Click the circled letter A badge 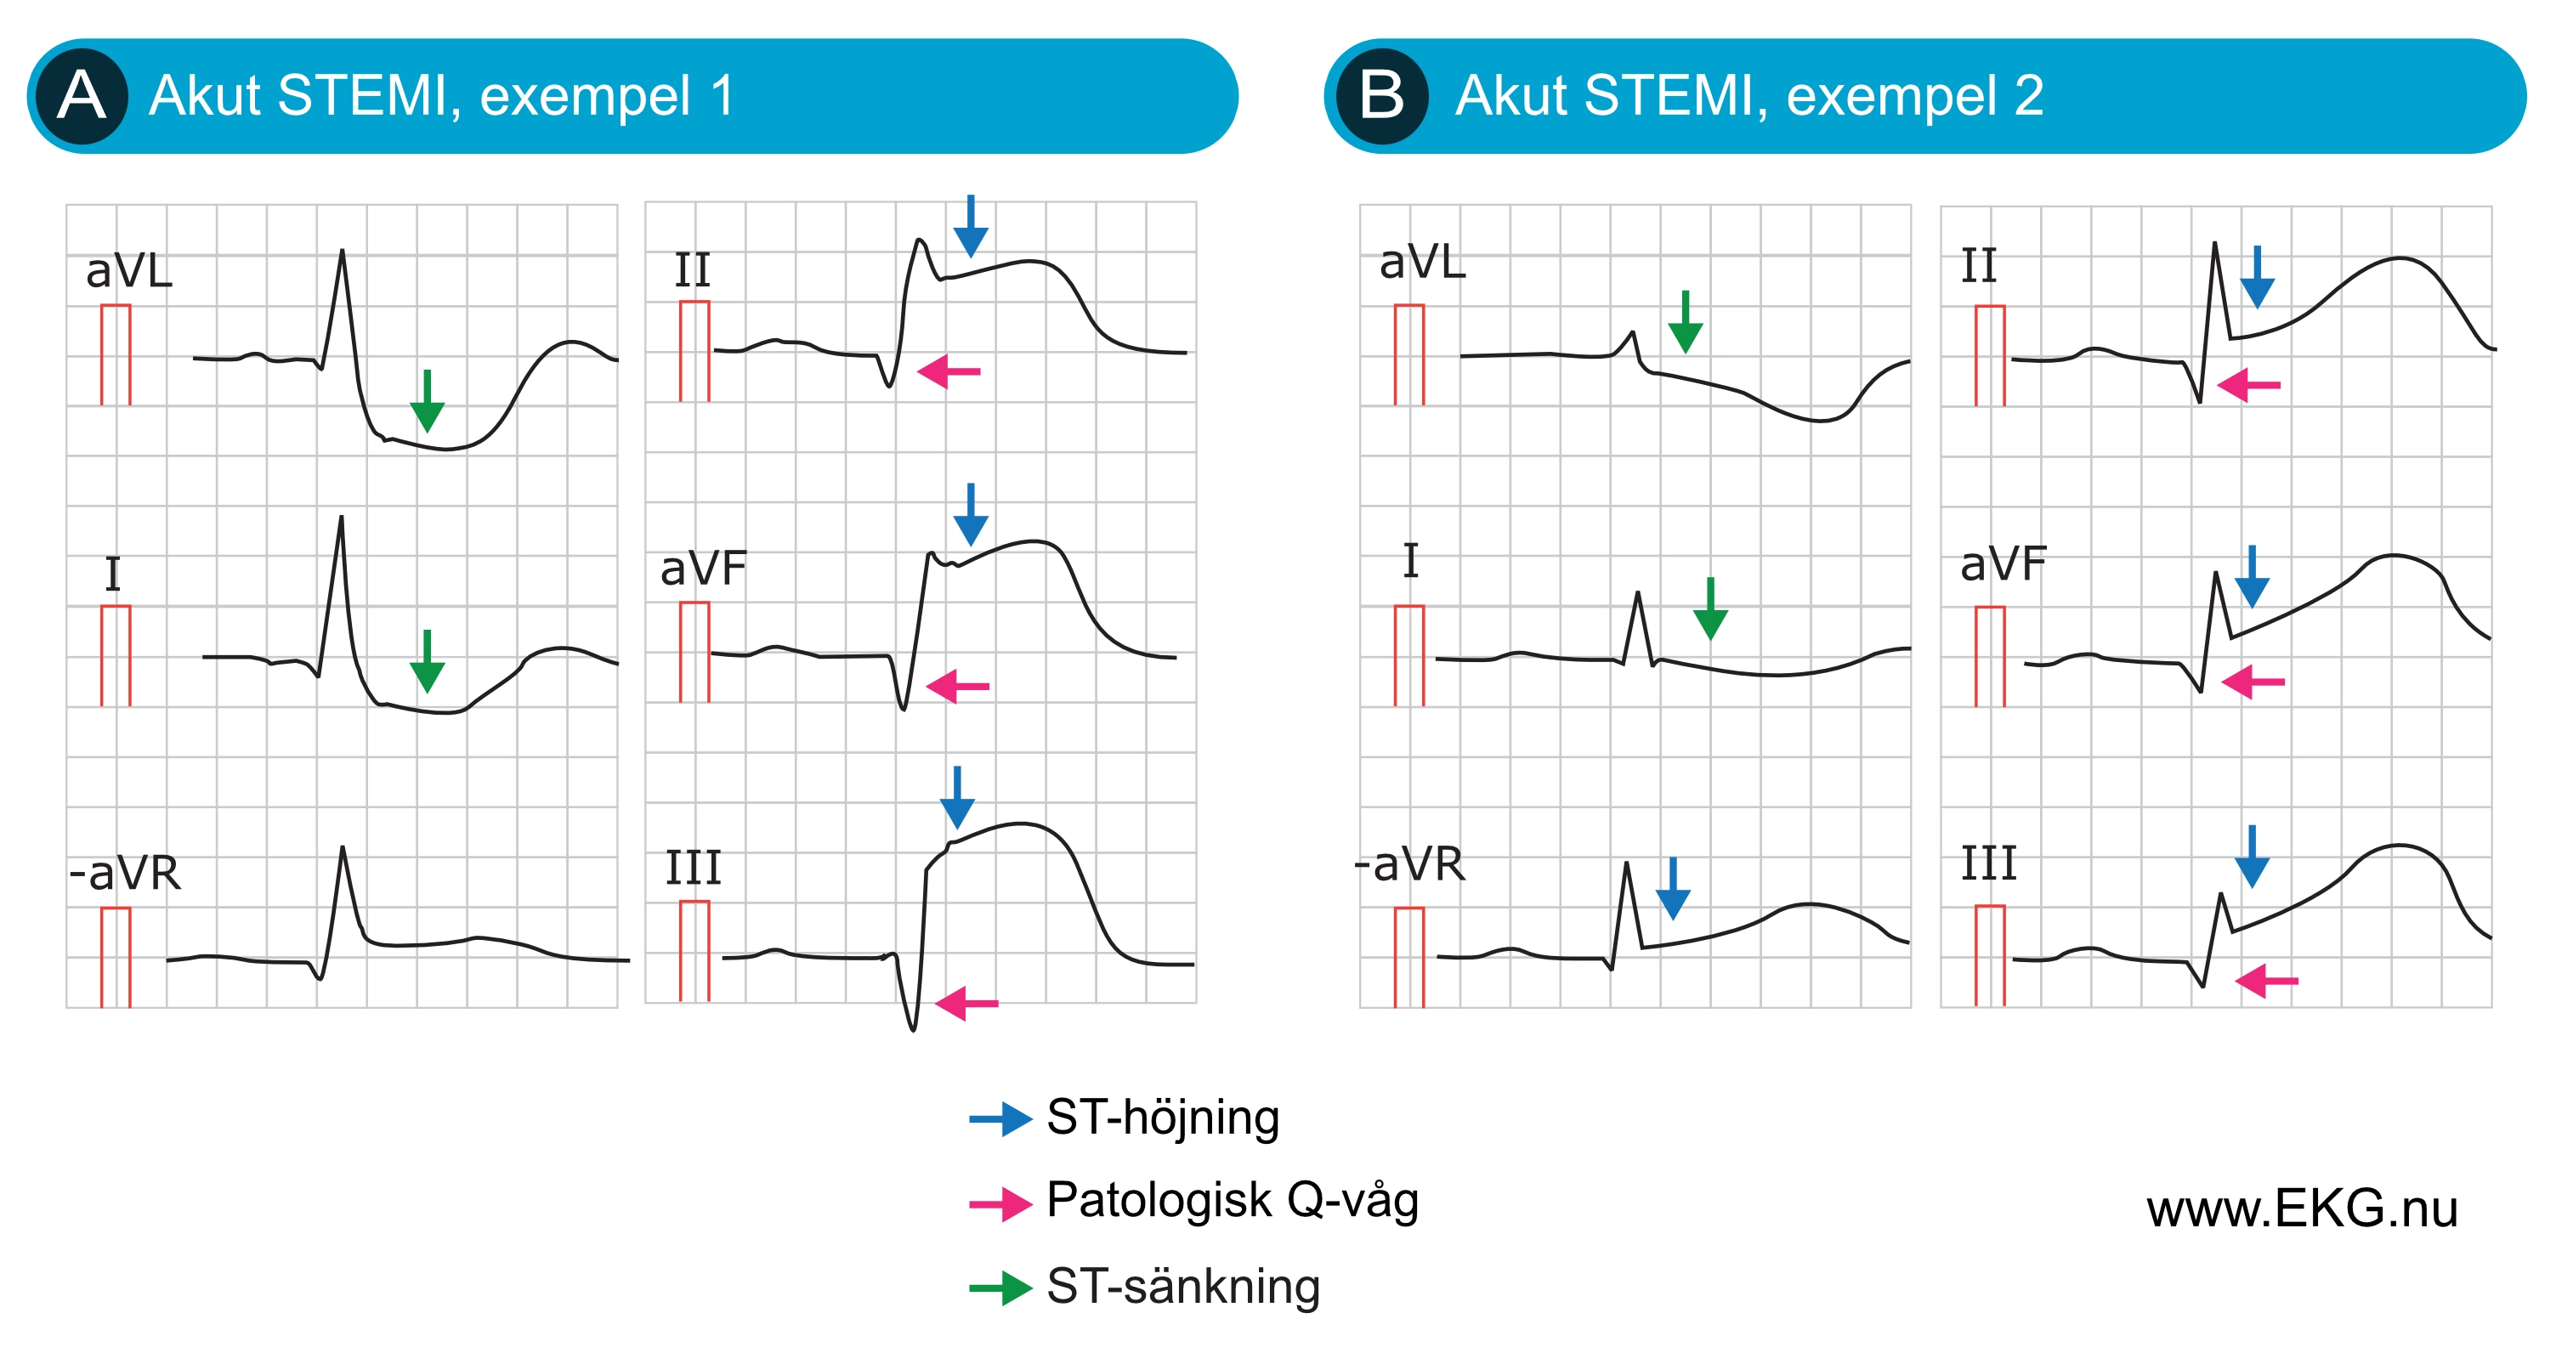pos(82,96)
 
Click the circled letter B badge pos(1382,96)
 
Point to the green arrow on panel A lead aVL pos(427,401)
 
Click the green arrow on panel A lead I pos(427,660)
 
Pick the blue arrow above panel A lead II pos(971,226)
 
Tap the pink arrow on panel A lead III pos(966,1003)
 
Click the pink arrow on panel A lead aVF pos(957,686)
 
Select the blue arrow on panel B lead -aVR pos(1673,889)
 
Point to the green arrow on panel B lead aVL pos(1685,321)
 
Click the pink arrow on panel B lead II pos(2248,385)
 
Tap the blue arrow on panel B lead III pos(2252,856)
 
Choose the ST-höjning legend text pos(1163,1117)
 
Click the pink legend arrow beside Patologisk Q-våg pos(1000,1204)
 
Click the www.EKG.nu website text pos(2302,1208)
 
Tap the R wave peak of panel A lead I pos(342,516)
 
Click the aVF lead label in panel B pos(2003,563)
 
